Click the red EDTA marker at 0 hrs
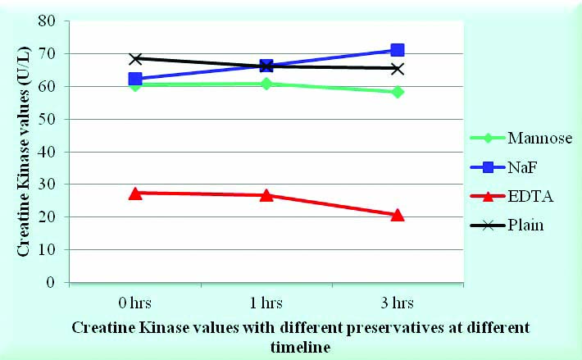(135, 194)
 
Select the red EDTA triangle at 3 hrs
(398, 215)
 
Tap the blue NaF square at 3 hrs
(398, 51)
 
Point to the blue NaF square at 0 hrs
(135, 79)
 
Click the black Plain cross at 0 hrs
(135, 59)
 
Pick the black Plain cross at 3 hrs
(398, 68)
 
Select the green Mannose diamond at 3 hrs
(398, 92)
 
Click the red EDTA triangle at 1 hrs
(266, 195)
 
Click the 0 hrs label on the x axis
(135, 303)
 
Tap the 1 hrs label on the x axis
(266, 303)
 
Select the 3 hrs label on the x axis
(398, 303)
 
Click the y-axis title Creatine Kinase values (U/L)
(26, 151)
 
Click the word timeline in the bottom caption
(300, 347)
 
